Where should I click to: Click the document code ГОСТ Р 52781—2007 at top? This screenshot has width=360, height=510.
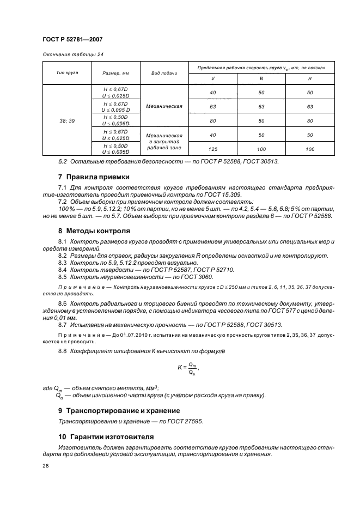coord(72,39)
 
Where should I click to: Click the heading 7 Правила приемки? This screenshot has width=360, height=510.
coord(94,177)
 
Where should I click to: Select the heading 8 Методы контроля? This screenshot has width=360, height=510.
coord(94,230)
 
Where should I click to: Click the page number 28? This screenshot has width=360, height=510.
coord(45,466)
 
